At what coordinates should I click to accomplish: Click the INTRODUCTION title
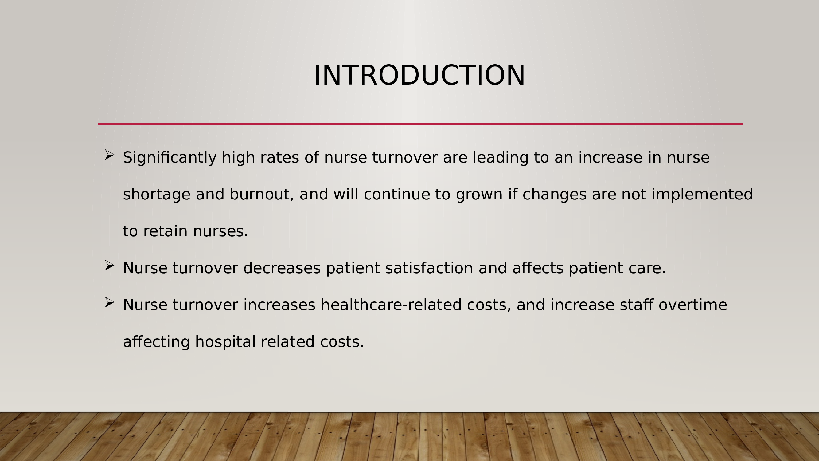click(x=419, y=75)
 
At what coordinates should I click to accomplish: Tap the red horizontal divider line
click(x=420, y=124)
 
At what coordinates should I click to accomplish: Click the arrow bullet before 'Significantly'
click(x=109, y=155)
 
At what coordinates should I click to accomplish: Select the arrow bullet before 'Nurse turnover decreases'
click(x=109, y=265)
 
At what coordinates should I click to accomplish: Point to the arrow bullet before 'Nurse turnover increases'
click(x=109, y=302)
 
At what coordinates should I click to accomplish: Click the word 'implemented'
click(x=702, y=195)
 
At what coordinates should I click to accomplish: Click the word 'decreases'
click(x=282, y=268)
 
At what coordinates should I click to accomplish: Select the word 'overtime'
click(x=693, y=305)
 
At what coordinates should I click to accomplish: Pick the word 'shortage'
click(x=157, y=195)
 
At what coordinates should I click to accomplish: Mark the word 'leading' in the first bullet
click(x=501, y=158)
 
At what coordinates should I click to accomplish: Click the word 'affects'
click(x=538, y=268)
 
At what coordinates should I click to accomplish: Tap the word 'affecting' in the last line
click(x=156, y=342)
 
